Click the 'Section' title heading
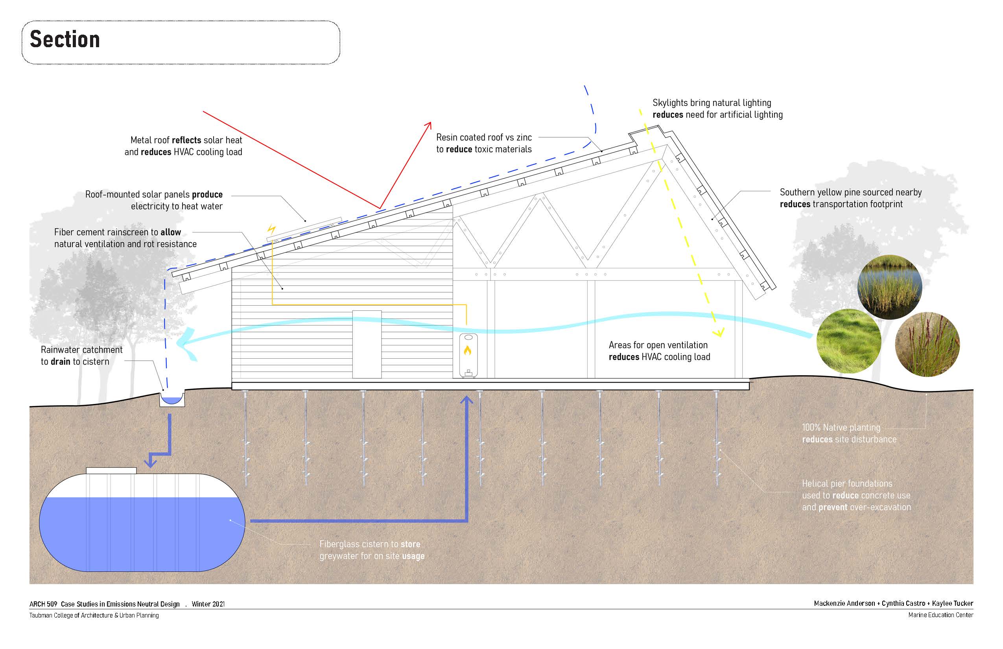coord(65,40)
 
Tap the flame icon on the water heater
coord(467,350)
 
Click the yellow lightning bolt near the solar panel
coord(272,230)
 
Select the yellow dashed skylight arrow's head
coord(719,333)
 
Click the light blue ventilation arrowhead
coord(183,343)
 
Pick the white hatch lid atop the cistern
coord(111,470)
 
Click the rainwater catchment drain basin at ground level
coord(171,399)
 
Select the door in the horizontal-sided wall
coord(367,344)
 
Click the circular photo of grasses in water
coord(890,287)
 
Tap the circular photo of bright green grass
coord(849,341)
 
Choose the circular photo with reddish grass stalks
coord(927,344)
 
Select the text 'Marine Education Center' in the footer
coord(940,615)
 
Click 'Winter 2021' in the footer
coord(208,604)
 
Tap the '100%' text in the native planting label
coord(811,427)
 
